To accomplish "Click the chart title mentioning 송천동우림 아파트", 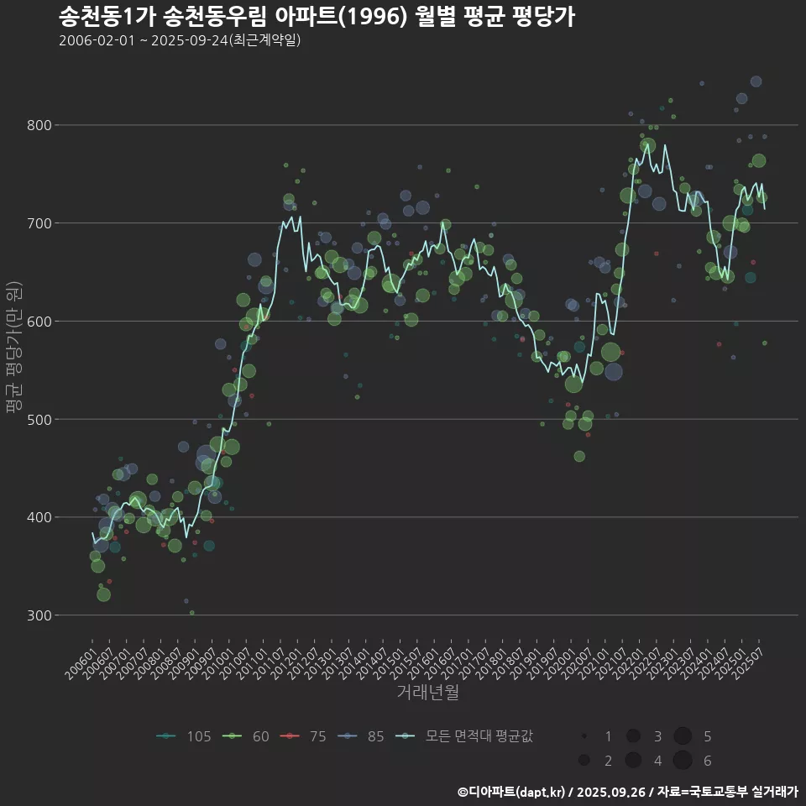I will [317, 17].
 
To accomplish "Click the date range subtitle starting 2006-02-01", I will [180, 40].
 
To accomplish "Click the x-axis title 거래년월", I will [427, 693].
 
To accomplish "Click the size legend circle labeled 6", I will [682, 761].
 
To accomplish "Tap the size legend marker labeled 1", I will [584, 736].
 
